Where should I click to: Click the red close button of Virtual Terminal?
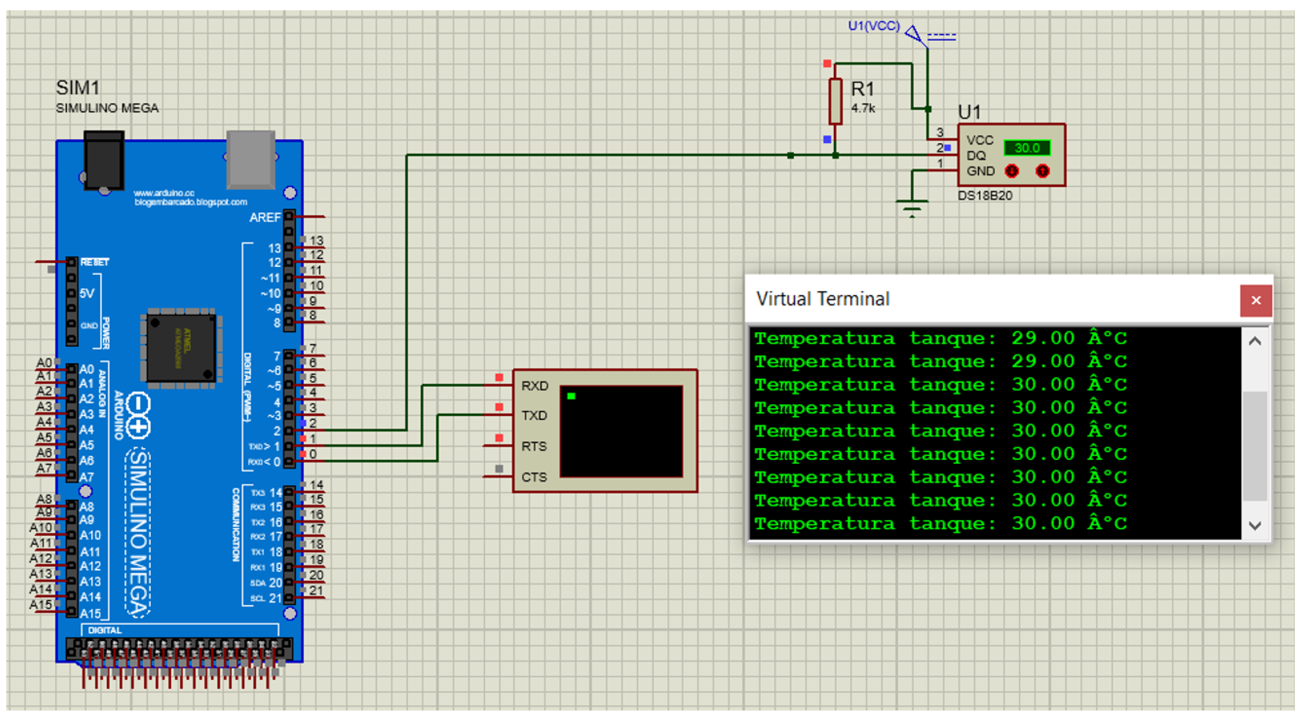1255,300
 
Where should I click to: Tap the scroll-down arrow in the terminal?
1255,526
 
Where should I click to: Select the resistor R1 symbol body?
835,101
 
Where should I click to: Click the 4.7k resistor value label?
863,108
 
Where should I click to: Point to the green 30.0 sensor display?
1026,148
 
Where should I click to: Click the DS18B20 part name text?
985,196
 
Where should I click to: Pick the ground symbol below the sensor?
912,207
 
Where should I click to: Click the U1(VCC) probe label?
873,26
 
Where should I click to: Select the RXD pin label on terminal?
534,386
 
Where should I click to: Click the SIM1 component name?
77,88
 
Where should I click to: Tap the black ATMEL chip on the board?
181,348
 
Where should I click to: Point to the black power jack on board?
104,160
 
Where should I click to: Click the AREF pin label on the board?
265,218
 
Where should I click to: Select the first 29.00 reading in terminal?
1042,338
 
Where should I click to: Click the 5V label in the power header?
87,293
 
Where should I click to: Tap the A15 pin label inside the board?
90,613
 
